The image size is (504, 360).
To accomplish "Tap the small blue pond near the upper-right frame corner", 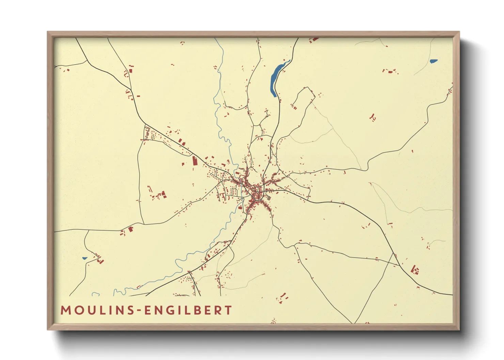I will coord(433,61).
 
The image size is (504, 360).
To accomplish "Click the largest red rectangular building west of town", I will coord(195,161).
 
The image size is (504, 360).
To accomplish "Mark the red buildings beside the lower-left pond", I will coord(99,259).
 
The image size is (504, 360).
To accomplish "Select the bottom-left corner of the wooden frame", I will coord(48,329).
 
